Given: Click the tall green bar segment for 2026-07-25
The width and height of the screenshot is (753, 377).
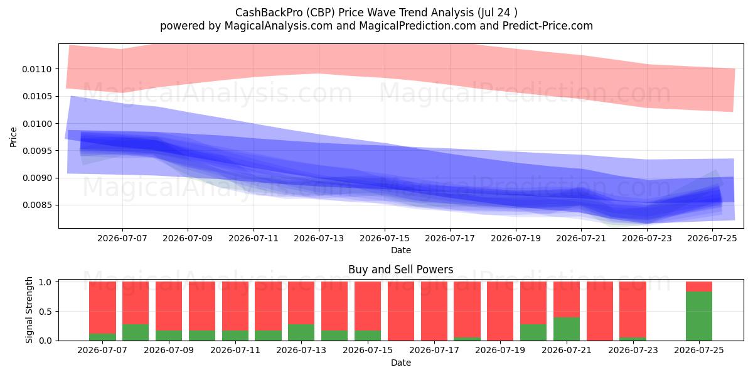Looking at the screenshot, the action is tap(699, 316).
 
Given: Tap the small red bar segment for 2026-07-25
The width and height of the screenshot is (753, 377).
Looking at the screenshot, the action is tap(699, 287).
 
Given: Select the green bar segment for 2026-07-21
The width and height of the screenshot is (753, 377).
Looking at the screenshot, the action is tap(567, 329).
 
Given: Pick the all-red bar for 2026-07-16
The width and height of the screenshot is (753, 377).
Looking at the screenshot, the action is tap(401, 311).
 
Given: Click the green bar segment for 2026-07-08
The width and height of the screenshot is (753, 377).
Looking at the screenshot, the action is tap(136, 332).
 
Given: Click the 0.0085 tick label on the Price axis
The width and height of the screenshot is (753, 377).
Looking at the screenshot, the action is tap(37, 205).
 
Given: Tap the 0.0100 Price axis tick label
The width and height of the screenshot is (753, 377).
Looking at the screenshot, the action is tap(37, 124).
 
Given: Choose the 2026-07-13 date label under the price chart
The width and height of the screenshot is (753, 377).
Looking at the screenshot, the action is tap(319, 238).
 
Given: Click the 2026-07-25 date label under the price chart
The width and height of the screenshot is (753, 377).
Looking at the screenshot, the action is tap(712, 238).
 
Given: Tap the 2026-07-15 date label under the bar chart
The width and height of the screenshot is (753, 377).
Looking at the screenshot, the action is tap(368, 350).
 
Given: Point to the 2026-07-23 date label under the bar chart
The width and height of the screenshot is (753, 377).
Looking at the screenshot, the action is tap(633, 350).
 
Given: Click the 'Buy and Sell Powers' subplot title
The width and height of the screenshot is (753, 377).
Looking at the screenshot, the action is tap(401, 270).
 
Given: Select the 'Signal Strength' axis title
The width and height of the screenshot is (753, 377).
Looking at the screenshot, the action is tap(29, 310).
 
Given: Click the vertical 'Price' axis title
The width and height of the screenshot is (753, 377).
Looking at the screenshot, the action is tap(13, 137).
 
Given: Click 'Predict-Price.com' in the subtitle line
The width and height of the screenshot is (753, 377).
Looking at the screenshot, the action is tap(548, 26).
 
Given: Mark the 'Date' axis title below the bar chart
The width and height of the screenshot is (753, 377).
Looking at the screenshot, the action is tap(401, 363).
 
